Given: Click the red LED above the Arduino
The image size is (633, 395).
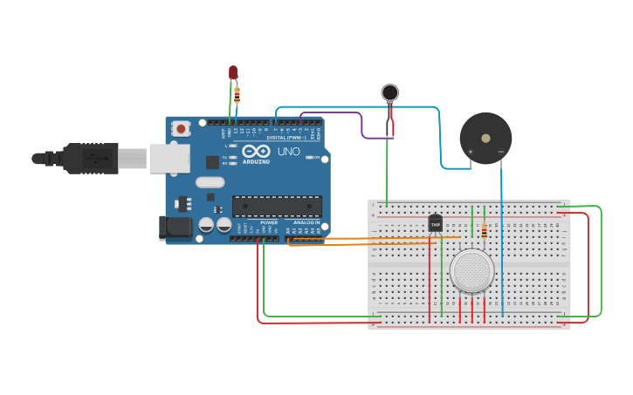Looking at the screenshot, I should point(233,72).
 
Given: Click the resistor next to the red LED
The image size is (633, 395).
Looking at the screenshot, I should point(237,95).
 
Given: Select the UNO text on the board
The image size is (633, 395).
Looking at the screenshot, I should point(289,152).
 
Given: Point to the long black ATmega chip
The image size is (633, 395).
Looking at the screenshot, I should point(277,206).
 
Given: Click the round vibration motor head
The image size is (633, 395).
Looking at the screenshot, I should point(390,92).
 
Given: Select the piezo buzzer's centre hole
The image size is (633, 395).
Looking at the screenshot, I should point(485,137).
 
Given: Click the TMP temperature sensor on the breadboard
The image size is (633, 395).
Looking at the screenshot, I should point(435,223).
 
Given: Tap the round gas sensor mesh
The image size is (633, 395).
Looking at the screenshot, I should point(472,271).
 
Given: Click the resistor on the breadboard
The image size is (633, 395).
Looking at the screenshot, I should point(485,230).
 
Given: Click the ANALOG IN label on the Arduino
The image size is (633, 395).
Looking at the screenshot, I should point(306,223).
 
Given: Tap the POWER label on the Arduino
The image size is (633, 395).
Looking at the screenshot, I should point(269,223).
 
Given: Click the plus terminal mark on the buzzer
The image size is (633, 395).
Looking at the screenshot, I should point(471,151).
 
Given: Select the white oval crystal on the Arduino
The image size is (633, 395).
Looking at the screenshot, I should point(210,182).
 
